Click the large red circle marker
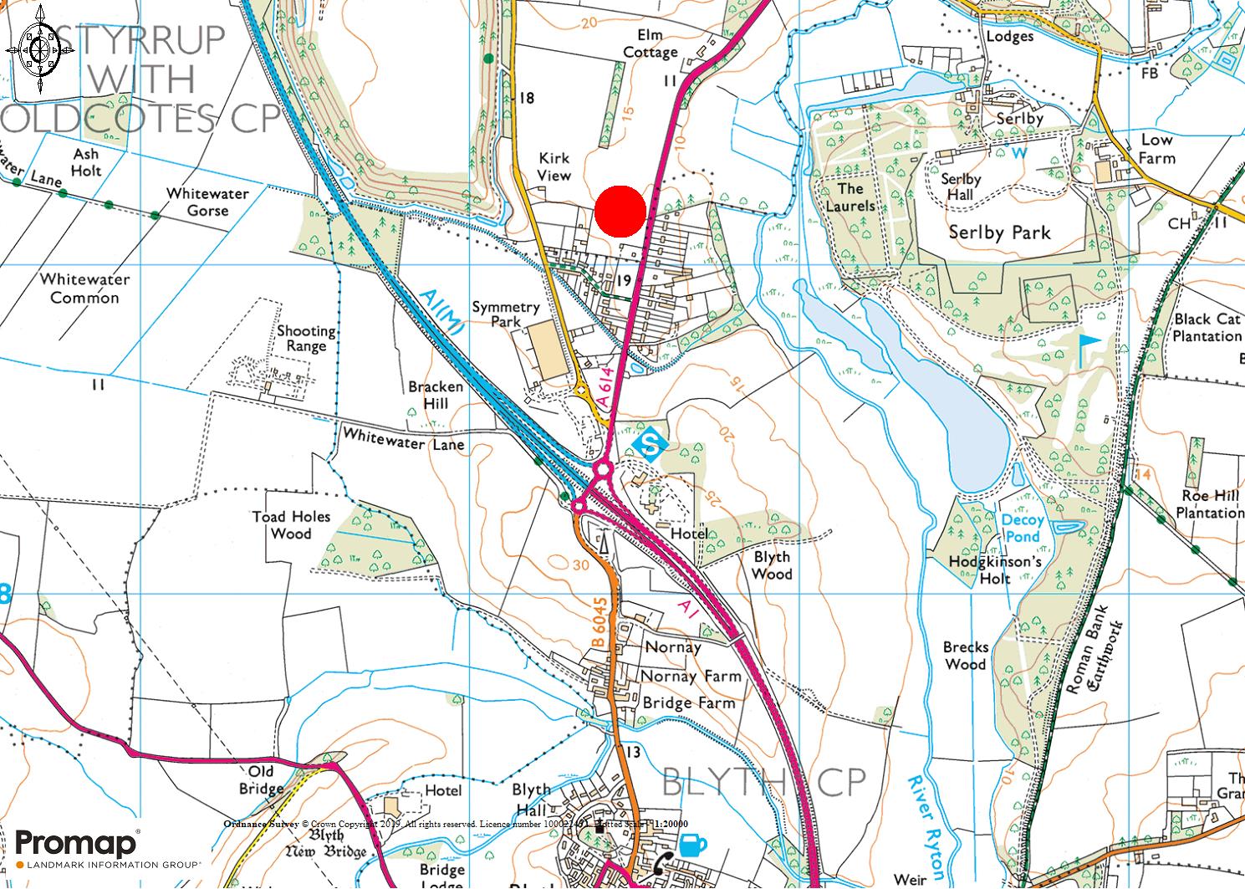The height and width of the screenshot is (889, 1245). [620, 210]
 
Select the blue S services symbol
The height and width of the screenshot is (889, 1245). [649, 443]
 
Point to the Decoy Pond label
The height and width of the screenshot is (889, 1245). [1022, 528]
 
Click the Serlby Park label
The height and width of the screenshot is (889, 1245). [999, 232]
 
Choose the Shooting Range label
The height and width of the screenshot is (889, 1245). [306, 338]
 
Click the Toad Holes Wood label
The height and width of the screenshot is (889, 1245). [291, 525]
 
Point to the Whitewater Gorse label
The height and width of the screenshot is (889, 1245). [207, 202]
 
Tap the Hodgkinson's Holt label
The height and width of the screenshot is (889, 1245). [995, 570]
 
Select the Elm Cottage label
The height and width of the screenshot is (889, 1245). [650, 44]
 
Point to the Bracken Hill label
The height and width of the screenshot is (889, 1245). [435, 395]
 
